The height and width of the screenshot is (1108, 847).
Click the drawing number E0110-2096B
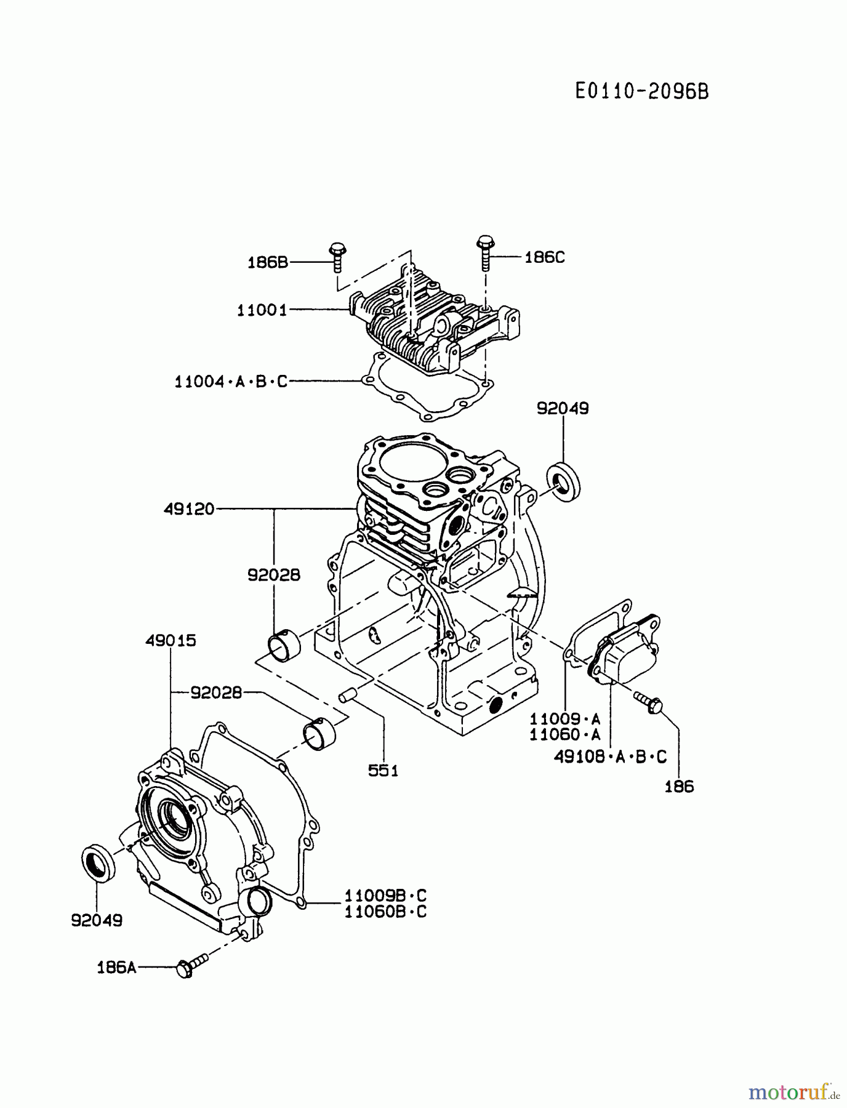pos(642,92)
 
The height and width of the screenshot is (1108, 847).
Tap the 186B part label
pos(268,262)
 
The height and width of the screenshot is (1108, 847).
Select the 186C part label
pos(544,257)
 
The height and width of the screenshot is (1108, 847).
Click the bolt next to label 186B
pos(337,257)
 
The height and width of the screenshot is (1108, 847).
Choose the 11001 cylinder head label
pos(262,310)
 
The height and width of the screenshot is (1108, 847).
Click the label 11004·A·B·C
pos(231,382)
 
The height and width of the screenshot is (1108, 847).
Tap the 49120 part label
pos(189,509)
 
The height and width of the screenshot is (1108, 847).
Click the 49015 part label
pos(171,641)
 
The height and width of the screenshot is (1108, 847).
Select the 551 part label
pos(383,770)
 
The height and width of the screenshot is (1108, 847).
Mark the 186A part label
pos(116,968)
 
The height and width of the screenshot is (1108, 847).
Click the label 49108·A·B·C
pos(610,757)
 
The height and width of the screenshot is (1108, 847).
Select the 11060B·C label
pos(385,912)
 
